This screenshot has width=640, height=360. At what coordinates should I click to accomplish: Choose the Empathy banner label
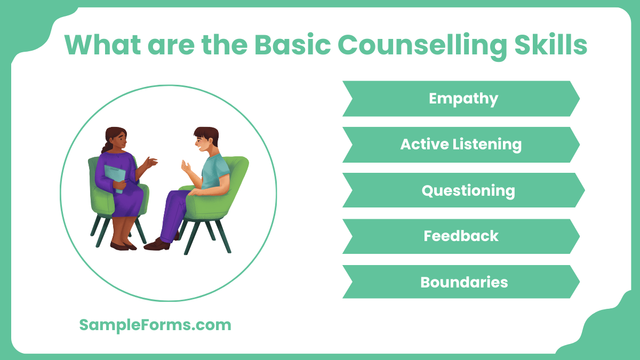tap(463, 99)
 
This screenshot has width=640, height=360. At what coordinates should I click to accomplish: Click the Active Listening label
tap(461, 144)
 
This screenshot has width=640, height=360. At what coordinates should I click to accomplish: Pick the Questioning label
tap(468, 190)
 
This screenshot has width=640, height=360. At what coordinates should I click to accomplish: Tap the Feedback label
tap(461, 236)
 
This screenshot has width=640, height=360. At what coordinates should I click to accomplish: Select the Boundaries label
tap(463, 282)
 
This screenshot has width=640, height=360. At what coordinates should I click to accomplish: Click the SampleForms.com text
tap(155, 325)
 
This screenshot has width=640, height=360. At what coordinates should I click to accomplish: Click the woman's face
tap(121, 141)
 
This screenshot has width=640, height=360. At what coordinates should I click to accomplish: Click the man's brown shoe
tap(156, 244)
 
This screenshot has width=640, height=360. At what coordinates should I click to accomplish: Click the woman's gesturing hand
tap(151, 162)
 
